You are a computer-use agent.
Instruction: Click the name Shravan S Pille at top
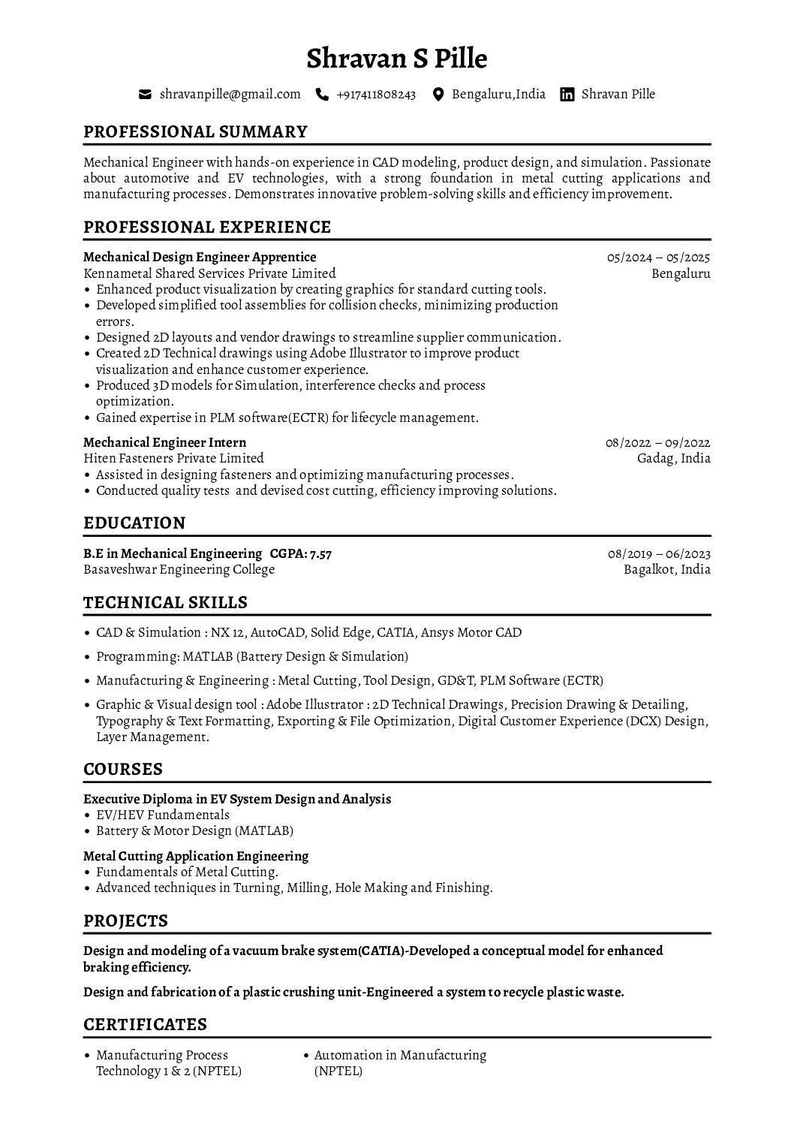click(x=397, y=59)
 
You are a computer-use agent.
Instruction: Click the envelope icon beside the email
click(x=146, y=95)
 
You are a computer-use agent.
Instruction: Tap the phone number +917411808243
click(x=376, y=95)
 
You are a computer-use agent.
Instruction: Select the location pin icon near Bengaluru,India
click(x=439, y=95)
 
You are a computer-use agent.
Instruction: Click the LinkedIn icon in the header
click(x=568, y=95)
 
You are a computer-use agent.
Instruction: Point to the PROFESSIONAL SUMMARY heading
click(x=195, y=132)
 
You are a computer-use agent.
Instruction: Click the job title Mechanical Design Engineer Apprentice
click(x=200, y=258)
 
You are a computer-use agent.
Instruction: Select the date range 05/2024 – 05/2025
click(x=658, y=258)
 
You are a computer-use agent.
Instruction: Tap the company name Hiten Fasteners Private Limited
click(x=173, y=458)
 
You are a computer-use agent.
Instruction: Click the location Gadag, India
click(x=673, y=458)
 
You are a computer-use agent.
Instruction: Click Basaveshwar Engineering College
click(x=179, y=570)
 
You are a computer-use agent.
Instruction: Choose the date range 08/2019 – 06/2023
click(x=659, y=554)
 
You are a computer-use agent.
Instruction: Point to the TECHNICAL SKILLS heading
click(x=165, y=603)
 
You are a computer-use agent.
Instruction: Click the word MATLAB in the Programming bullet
click(x=207, y=657)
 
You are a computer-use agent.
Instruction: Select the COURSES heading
click(x=123, y=770)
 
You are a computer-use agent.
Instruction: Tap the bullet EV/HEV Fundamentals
click(x=163, y=815)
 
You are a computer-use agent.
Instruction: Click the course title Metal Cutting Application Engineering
click(x=196, y=857)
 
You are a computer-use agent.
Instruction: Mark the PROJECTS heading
click(x=125, y=921)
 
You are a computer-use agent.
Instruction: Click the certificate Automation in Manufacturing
click(x=400, y=1056)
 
